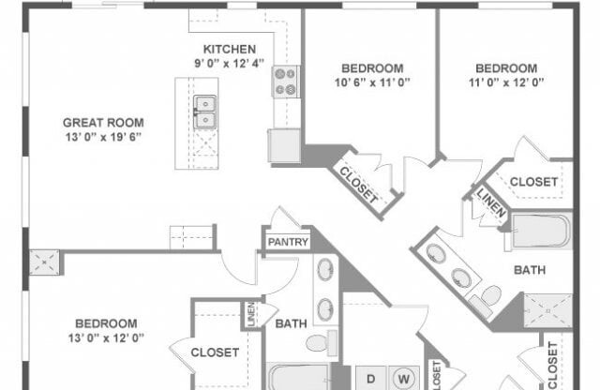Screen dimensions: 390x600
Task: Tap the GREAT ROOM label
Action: point(102,122)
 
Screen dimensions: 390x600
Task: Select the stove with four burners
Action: point(285,82)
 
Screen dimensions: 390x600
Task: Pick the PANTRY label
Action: point(288,242)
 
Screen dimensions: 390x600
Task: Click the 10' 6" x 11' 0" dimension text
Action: point(372,82)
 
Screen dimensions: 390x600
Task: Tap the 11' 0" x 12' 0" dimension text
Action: point(506,82)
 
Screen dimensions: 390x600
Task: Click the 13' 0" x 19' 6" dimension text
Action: point(102,137)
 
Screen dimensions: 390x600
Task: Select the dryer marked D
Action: point(370,379)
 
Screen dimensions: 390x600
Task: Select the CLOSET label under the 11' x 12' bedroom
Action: point(534,181)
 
